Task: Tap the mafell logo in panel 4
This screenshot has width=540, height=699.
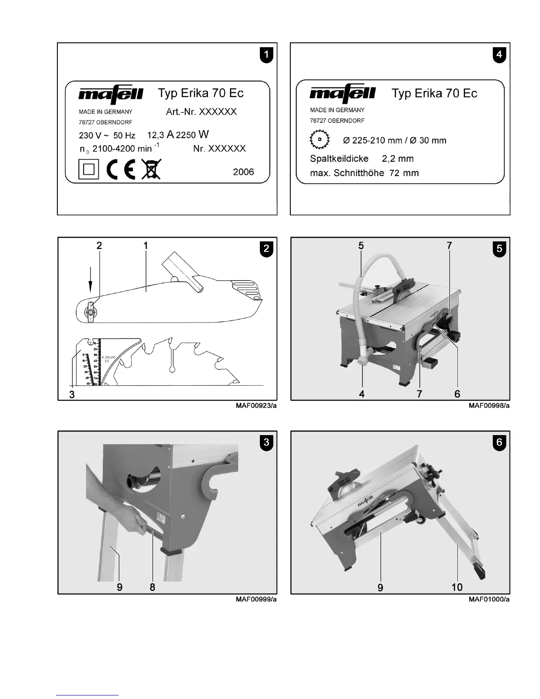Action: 342,93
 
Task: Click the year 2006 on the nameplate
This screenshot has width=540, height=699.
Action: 244,172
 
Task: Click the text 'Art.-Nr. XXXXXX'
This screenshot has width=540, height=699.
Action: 201,112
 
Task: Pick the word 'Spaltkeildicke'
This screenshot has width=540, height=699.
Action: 339,158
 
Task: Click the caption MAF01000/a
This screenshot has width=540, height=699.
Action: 489,599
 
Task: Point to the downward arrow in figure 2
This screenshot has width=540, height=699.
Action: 90,279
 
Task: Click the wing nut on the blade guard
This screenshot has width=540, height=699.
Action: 90,312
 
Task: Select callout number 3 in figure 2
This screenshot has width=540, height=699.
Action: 72,395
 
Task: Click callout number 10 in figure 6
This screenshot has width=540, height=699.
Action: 457,587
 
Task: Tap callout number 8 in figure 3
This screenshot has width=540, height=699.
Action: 152,587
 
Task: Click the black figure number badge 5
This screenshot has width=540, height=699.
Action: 499,248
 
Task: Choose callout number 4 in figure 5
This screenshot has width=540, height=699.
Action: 362,394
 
